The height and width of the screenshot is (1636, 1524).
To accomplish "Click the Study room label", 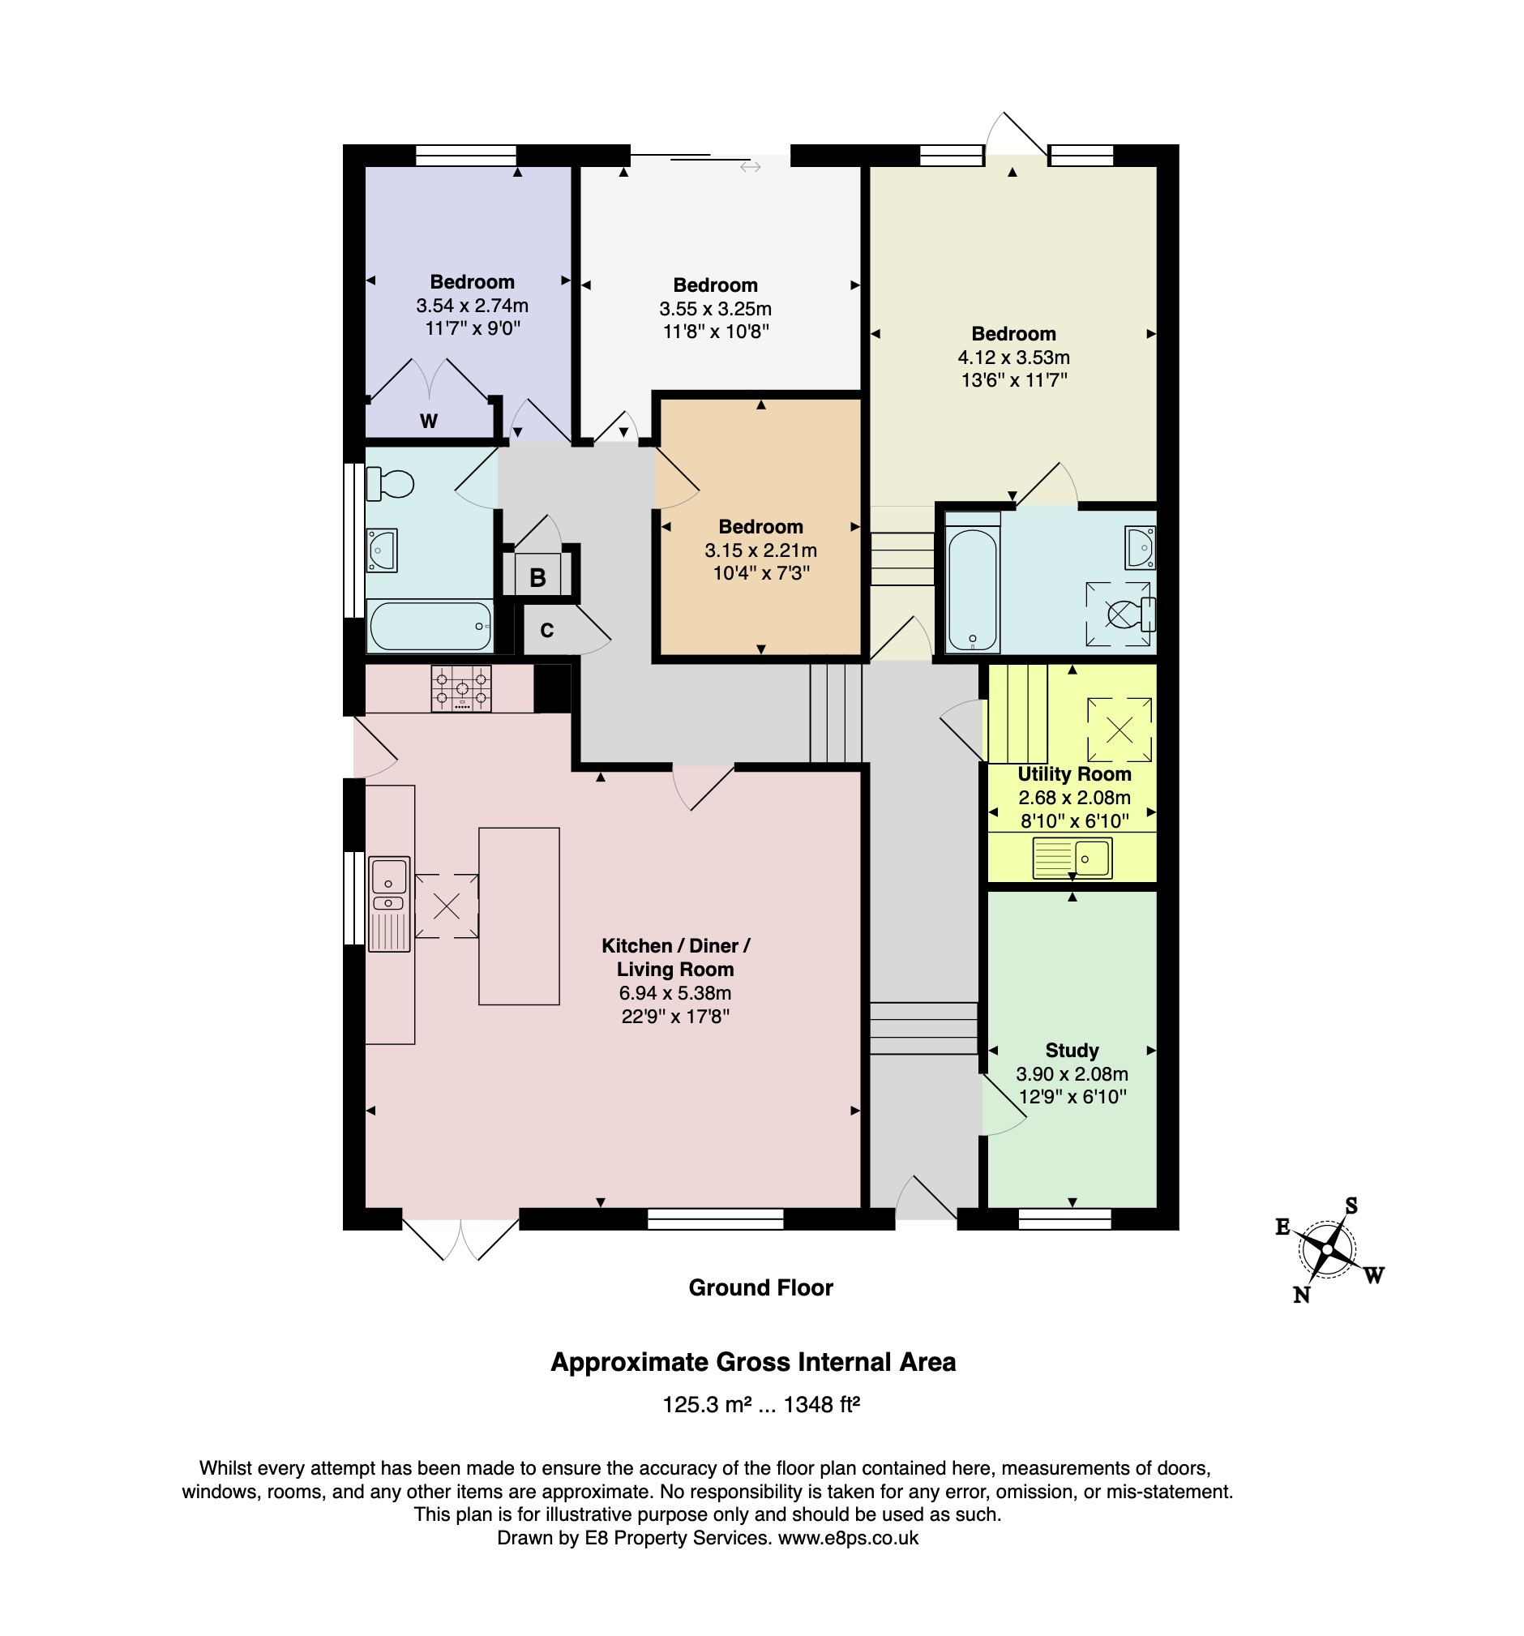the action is [1072, 1050].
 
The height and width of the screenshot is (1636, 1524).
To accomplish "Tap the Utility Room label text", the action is [1074, 773].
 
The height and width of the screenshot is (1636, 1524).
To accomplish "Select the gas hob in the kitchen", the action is [460, 688].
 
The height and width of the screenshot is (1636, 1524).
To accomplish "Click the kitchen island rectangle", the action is [519, 916].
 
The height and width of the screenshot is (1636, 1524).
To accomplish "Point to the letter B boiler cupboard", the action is [537, 578].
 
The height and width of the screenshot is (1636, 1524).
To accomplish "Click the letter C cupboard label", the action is [547, 631].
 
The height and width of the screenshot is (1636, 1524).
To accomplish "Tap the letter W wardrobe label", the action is [429, 422].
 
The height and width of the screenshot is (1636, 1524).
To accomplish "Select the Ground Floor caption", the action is [760, 1288].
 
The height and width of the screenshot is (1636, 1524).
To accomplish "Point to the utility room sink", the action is [1072, 859].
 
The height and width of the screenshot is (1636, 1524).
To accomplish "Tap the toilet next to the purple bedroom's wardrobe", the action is [388, 484].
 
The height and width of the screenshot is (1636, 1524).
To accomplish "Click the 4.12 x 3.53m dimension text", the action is [1013, 358].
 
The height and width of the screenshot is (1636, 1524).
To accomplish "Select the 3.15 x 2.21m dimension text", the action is [760, 550].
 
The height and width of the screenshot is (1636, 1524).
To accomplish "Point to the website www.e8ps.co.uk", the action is [848, 1538].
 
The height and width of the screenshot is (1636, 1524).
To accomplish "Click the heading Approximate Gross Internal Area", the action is [753, 1362].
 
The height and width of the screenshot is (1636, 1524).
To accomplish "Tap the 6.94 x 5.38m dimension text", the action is [674, 992].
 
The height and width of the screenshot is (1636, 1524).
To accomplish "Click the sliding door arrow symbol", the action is [750, 167].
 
